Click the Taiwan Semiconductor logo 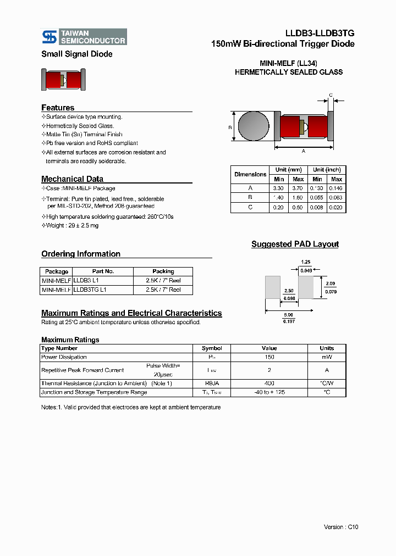click(x=84, y=36)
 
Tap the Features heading click(x=58, y=108)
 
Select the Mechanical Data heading click(x=72, y=179)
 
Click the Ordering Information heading click(x=81, y=254)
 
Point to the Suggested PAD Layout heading click(x=295, y=244)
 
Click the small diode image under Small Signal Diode click(x=63, y=80)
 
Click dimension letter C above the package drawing click(x=331, y=95)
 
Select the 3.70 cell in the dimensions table click(x=298, y=188)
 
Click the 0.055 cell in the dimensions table click(x=317, y=197)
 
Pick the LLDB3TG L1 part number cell click(x=90, y=290)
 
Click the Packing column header click(x=163, y=271)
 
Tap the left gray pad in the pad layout click(x=273, y=287)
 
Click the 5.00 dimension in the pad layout click(x=289, y=315)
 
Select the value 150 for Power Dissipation click(x=269, y=357)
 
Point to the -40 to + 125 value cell click(x=269, y=392)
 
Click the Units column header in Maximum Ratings click(x=327, y=348)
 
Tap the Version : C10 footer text click(x=341, y=527)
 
